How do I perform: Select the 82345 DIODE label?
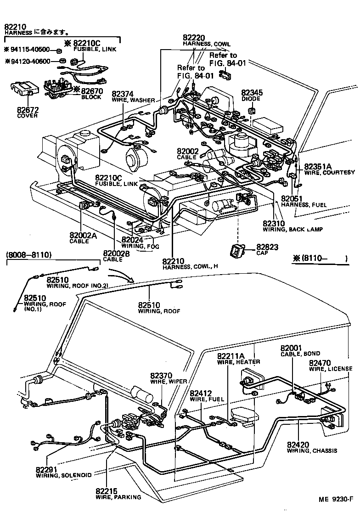coord(252,96)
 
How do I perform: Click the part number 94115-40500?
coord(29,49)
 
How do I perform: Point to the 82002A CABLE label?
coord(84,238)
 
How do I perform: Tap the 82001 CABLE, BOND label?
coord(300,350)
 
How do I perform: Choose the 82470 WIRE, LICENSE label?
coord(330,366)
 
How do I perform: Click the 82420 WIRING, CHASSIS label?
coord(312,447)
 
